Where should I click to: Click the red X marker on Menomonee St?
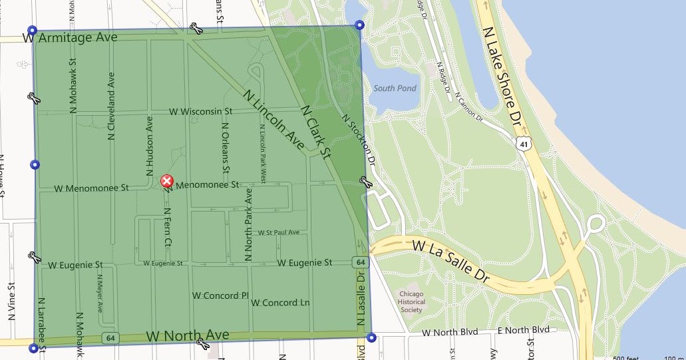click(x=168, y=181)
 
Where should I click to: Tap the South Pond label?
click(x=395, y=89)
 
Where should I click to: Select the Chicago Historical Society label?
click(x=411, y=301)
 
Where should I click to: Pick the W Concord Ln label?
click(x=281, y=303)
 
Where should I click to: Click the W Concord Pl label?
click(x=220, y=295)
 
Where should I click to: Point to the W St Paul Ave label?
click(x=278, y=232)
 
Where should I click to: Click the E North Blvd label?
click(x=523, y=330)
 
